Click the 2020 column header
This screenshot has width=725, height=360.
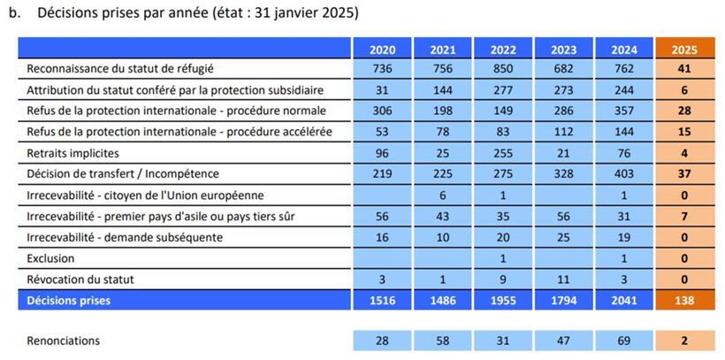382,49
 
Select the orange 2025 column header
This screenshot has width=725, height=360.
683,49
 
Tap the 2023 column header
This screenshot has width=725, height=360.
564,49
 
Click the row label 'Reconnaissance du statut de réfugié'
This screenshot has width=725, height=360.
120,68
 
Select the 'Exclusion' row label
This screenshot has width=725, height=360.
51,258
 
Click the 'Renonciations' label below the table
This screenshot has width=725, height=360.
64,341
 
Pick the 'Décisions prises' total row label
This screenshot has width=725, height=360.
71,301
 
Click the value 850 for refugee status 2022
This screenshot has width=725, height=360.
503,68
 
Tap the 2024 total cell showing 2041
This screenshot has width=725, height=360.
624,301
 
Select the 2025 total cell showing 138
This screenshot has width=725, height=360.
683,301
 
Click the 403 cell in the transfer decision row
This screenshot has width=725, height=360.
624,174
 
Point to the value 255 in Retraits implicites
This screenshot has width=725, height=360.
503,153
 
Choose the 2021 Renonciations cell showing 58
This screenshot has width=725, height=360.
442,341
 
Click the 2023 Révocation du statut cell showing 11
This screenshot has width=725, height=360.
564,280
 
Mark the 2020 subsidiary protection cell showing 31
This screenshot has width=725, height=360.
382,89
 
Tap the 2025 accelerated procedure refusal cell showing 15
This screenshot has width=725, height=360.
683,132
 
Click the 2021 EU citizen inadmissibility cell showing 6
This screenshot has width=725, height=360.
442,195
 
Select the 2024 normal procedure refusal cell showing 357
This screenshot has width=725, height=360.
624,111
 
